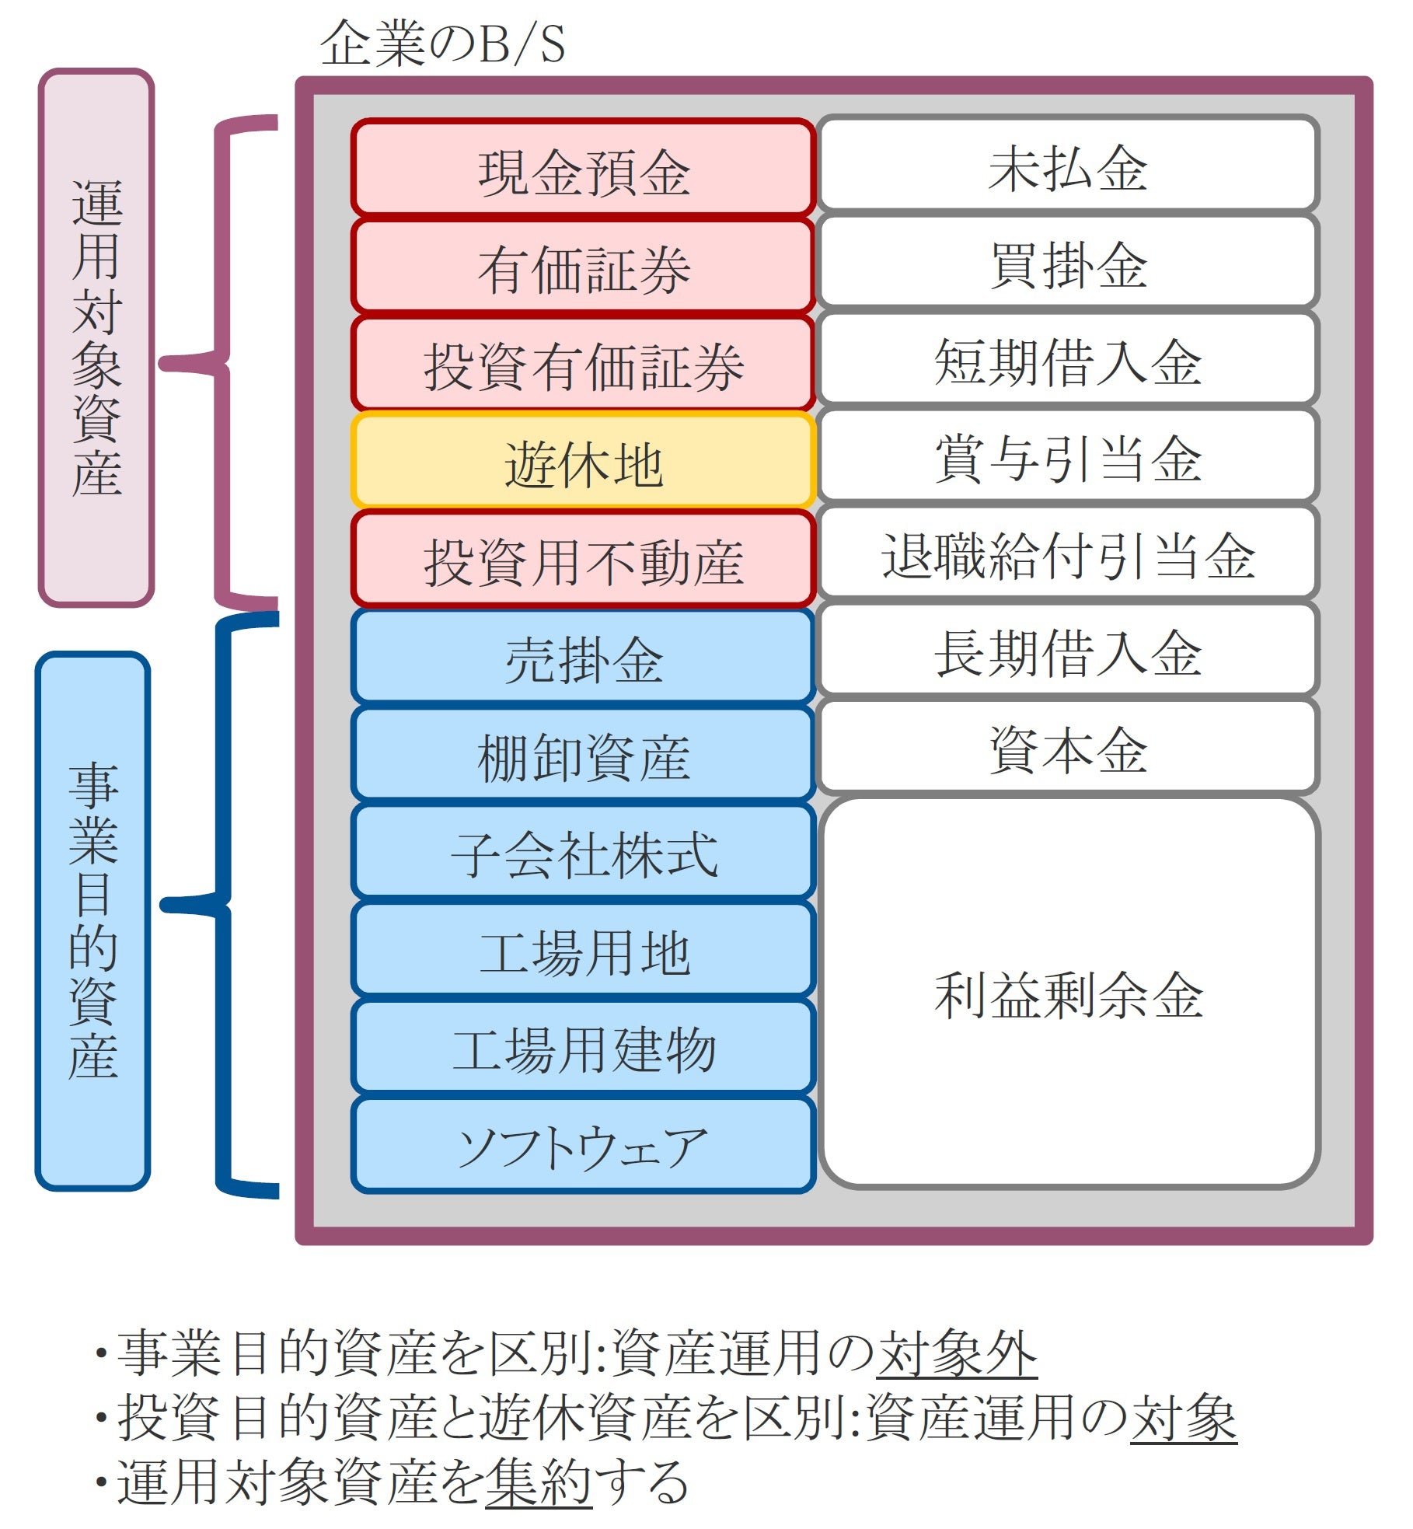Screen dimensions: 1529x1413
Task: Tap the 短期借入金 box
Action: pos(1068,361)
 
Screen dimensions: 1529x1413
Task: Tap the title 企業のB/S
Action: pos(442,44)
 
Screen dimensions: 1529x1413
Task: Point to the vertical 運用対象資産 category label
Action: pos(96,338)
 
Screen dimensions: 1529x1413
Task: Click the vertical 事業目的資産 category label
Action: pos(93,921)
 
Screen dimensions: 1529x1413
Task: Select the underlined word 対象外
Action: pos(957,1353)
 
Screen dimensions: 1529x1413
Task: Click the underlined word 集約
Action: pos(539,1482)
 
